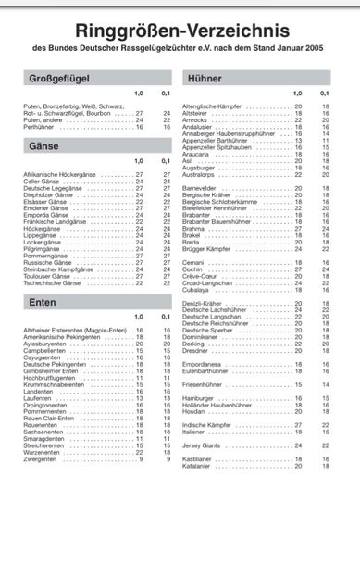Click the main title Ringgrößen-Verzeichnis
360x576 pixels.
point(180,30)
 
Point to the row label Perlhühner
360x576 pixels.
point(41,126)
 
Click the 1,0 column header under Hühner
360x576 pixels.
point(297,94)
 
